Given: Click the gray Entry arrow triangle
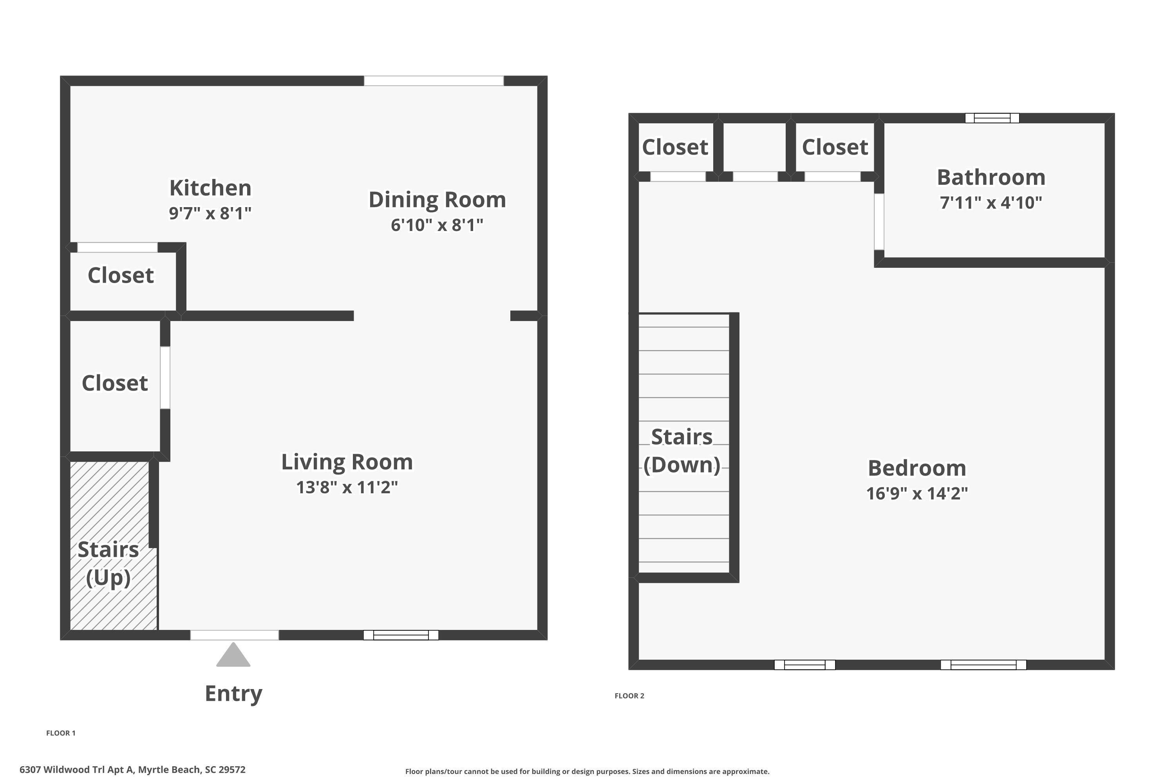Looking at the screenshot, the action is pos(233,655).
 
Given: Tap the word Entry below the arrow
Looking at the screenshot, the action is pos(233,694).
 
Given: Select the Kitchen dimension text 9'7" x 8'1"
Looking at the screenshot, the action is pos(210,213).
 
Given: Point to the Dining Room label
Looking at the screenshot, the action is pos(437,200).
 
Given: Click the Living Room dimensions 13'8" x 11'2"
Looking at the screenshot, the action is pos(347,487).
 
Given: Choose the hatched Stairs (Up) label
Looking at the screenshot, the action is pos(108,563).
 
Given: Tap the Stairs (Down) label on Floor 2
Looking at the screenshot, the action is pos(682,451).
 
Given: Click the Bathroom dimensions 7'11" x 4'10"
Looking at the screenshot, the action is pos(991,203).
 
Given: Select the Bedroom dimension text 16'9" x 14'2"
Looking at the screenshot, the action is pos(917,493).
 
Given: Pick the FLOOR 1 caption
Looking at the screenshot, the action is pos(61,733).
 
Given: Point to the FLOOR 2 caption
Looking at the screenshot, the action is pos(629,696).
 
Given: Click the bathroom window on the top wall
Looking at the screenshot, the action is pos(992,118).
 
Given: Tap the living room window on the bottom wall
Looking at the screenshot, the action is pos(401,635).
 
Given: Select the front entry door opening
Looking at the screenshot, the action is pos(234,635).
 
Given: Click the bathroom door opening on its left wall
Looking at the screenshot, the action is pos(879,222).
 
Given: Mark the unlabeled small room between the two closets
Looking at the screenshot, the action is pos(755,147).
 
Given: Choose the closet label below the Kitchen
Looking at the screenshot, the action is pos(121,275).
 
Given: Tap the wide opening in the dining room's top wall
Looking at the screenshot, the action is pos(434,81).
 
